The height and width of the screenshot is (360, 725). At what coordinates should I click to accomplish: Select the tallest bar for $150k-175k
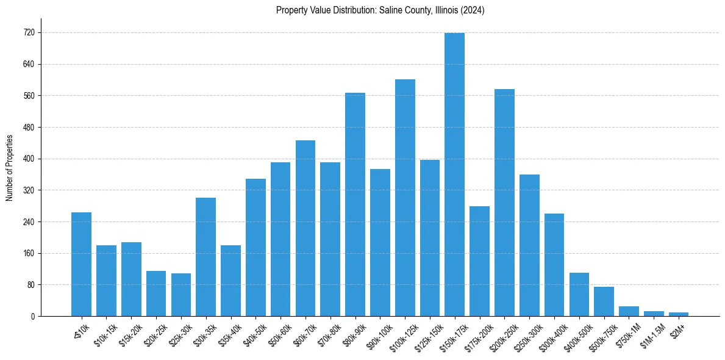pos(454,175)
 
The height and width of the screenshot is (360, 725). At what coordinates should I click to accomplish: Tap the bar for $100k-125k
pos(405,198)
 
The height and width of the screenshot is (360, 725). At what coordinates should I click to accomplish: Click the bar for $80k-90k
pos(355,204)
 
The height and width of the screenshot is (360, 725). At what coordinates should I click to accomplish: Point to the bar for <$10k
pos(81,264)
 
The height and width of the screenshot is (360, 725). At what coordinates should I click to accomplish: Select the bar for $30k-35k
pos(205,257)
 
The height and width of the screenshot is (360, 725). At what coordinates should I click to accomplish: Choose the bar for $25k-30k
pos(181,295)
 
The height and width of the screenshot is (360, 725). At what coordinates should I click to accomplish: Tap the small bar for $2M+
pos(679,314)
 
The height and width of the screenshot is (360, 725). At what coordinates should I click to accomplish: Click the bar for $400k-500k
pos(579,294)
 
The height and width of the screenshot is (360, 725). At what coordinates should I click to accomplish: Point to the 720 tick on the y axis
pos(29,33)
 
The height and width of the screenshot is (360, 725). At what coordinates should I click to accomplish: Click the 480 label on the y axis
pos(29,128)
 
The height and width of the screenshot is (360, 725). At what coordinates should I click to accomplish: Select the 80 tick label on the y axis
pos(30,285)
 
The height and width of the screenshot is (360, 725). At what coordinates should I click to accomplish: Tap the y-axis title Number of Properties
pos(10,168)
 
